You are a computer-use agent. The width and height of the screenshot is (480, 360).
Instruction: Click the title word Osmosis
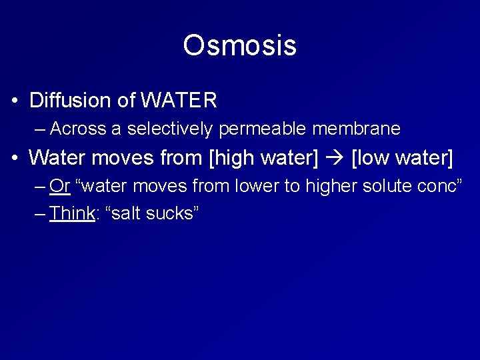pyautogui.click(x=239, y=45)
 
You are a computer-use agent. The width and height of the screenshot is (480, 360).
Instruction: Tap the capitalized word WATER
pyautogui.click(x=179, y=101)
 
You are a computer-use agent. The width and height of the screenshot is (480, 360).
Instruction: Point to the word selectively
pyautogui.click(x=169, y=128)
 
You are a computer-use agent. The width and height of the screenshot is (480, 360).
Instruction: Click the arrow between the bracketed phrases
pyautogui.click(x=335, y=159)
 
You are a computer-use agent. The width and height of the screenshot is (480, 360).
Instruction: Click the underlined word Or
pyautogui.click(x=59, y=186)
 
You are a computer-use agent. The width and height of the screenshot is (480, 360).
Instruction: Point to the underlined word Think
pyautogui.click(x=71, y=213)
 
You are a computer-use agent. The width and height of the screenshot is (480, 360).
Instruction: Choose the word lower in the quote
pyautogui.click(x=256, y=186)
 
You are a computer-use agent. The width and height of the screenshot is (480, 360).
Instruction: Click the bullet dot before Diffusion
pyautogui.click(x=15, y=101)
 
